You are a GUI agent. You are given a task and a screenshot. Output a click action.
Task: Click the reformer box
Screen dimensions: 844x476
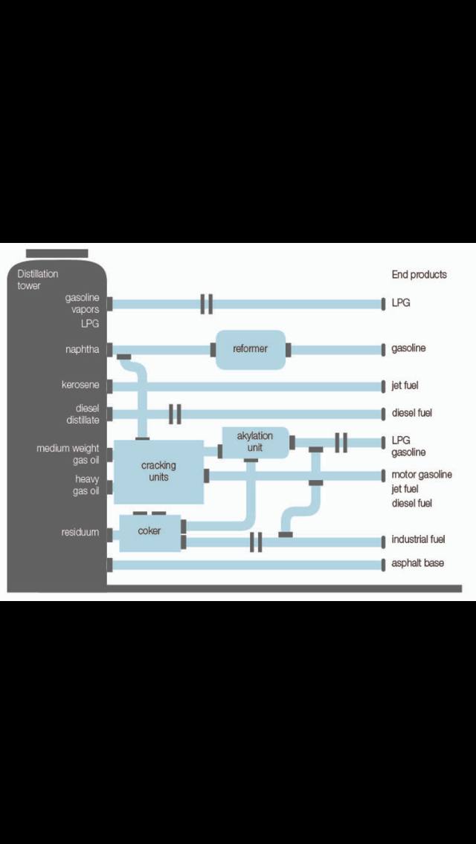point(250,349)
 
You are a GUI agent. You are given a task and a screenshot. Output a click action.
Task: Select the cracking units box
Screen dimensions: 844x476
point(158,471)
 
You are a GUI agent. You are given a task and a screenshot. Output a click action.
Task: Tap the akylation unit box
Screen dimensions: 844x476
point(255,442)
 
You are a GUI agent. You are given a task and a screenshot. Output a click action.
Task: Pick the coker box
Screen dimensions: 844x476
point(149,532)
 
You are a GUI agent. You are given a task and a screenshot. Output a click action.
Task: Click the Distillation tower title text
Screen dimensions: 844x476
point(38,279)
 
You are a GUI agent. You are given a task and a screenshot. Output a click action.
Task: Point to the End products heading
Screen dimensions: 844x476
point(419,275)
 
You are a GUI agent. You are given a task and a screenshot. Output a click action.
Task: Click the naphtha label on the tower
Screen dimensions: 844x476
point(82,349)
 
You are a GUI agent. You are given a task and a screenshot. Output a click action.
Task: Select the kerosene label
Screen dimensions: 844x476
point(80,386)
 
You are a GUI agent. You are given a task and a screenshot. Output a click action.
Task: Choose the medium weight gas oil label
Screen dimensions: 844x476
point(68,454)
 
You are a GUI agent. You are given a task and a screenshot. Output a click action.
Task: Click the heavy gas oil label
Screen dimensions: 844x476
point(86,484)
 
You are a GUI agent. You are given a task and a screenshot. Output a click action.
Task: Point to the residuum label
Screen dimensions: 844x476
point(80,532)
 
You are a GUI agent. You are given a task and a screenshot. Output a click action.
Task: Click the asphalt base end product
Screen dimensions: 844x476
point(418,563)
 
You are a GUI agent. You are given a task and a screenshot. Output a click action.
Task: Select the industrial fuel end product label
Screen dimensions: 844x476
point(418,539)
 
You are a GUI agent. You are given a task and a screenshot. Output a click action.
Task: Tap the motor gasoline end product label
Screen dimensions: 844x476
point(422,475)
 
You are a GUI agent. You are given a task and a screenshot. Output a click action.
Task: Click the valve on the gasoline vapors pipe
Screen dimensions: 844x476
point(207,304)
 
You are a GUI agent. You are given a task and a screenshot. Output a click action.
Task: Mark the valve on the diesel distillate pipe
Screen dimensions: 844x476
point(176,414)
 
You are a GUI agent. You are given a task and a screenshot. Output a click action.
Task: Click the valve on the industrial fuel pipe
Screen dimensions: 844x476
point(256,542)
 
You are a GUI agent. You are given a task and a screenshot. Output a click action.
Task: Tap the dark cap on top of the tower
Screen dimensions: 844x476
point(57,253)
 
